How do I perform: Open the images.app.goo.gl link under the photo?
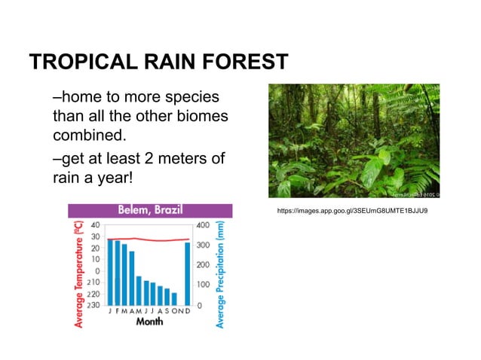point(354,210)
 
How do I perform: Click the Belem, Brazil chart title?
point(149,209)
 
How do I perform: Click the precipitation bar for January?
point(110,271)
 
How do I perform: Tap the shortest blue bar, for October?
point(174,298)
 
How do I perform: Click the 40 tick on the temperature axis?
point(96,224)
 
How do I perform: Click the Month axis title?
point(149,322)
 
